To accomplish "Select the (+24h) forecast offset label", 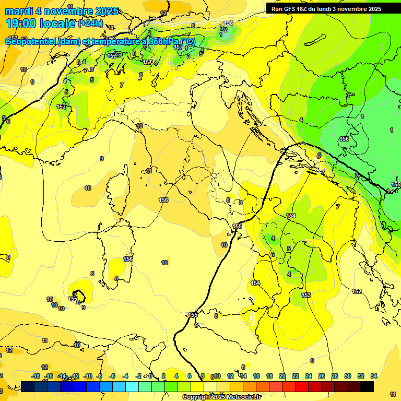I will (91, 23).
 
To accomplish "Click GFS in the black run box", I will (291, 9).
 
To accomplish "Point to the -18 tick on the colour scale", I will (36, 376).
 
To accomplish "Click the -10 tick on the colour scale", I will (88, 376).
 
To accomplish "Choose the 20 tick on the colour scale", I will (282, 376).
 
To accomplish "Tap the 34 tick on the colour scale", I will (374, 376).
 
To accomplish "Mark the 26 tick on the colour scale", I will (322, 376).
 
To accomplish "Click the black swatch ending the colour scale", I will (367, 386).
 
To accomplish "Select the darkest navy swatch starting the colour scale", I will (28, 386).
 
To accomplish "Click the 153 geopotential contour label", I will (306, 295).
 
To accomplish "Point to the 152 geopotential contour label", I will (357, 291).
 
